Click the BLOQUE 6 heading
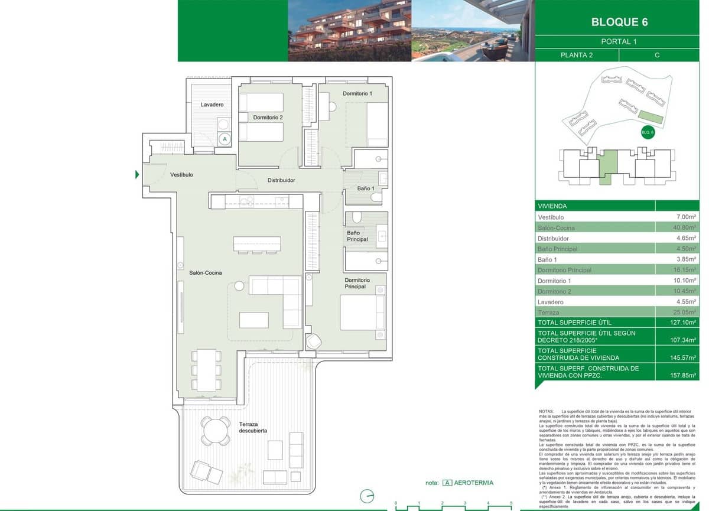tap(619, 22)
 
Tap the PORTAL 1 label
tap(619, 42)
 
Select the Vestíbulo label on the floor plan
tap(181, 175)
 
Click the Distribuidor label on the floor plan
tap(281, 180)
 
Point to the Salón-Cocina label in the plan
tap(205, 273)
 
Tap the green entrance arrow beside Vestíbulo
tap(137, 175)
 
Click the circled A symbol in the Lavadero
tap(225, 139)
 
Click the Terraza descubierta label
tap(253, 427)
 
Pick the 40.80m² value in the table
tap(687, 227)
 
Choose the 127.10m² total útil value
tap(685, 323)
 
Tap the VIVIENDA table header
tap(552, 206)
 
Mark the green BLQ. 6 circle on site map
tap(648, 132)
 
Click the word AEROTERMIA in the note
tap(474, 483)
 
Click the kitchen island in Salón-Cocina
tap(257, 244)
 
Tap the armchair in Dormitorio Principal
tap(314, 342)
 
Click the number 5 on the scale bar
tap(510, 503)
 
